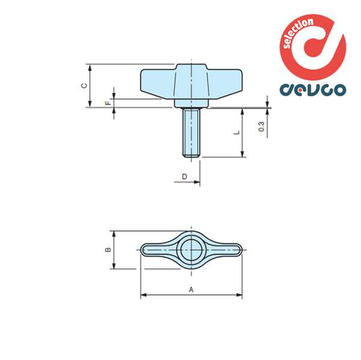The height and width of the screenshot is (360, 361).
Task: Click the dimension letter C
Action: (85, 85)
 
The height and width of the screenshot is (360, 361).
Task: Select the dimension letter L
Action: (237, 132)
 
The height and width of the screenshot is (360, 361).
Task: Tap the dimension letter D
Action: (185, 176)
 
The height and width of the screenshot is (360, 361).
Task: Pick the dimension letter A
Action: (191, 290)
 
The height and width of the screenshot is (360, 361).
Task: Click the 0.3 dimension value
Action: (261, 126)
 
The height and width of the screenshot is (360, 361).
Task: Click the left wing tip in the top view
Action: (147, 249)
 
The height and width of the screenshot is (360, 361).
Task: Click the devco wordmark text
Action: (313, 89)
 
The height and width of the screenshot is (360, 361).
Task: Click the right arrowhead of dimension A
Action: (240, 295)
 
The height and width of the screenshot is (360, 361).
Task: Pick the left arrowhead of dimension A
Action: (143, 295)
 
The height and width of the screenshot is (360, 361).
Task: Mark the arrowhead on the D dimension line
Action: (197, 181)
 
